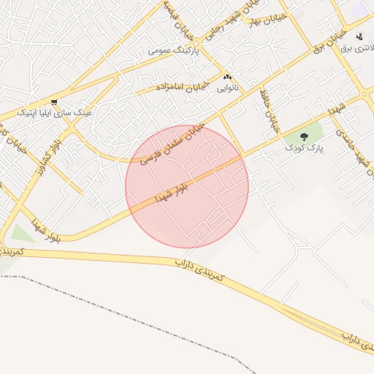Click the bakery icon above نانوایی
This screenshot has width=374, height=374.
tap(226, 77)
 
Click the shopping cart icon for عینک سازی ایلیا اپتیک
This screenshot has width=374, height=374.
tap(54, 102)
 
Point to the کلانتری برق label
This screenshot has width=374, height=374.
tap(356, 48)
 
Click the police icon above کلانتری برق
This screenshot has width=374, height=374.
tap(359, 37)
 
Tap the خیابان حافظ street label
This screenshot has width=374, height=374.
tap(272, 115)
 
